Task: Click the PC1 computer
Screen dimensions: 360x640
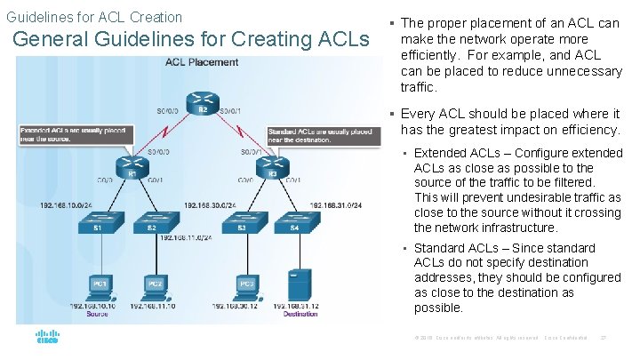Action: [x=99, y=284]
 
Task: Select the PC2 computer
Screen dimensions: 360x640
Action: [x=154, y=284]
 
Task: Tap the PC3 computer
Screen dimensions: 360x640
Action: [x=246, y=284]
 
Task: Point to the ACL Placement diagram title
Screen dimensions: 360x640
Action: [x=202, y=62]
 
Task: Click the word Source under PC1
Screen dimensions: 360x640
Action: [x=98, y=314]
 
